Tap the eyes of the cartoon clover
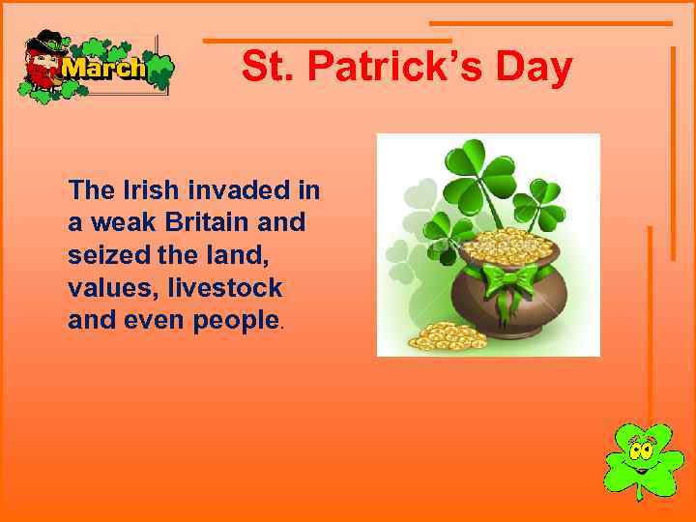[x=639, y=449]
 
